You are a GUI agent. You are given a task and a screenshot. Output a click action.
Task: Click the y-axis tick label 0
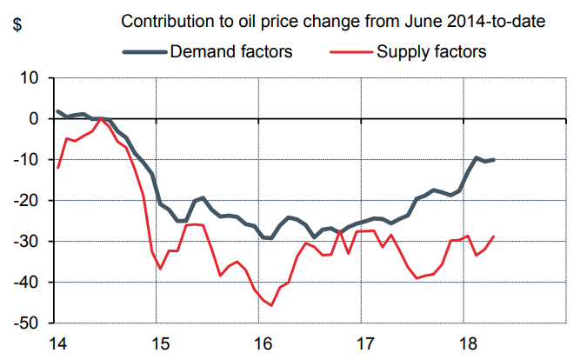pyautogui.click(x=35, y=119)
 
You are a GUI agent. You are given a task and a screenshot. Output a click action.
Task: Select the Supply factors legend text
pyautogui.click(x=430, y=51)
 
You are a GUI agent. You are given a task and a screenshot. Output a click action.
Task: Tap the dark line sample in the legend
pyautogui.click(x=144, y=52)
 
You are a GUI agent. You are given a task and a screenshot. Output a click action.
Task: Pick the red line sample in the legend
pyautogui.click(x=350, y=52)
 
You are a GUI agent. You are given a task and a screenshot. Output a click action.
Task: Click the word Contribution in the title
pyautogui.click(x=164, y=21)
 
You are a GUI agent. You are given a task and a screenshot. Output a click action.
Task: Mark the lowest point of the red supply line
pyautogui.click(x=271, y=305)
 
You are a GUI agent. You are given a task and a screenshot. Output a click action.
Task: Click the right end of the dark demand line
pyautogui.click(x=494, y=159)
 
